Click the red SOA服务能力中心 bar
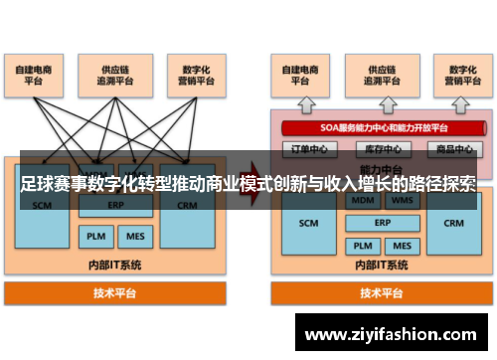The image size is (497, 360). click(x=384, y=128)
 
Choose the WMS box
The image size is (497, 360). click(x=403, y=201)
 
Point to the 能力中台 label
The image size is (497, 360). click(x=382, y=168)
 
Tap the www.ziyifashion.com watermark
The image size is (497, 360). click(x=396, y=331)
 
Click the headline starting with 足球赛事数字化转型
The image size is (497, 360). click(x=248, y=185)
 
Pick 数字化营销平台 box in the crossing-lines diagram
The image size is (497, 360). click(x=192, y=76)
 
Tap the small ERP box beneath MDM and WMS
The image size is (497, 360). click(x=382, y=223)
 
